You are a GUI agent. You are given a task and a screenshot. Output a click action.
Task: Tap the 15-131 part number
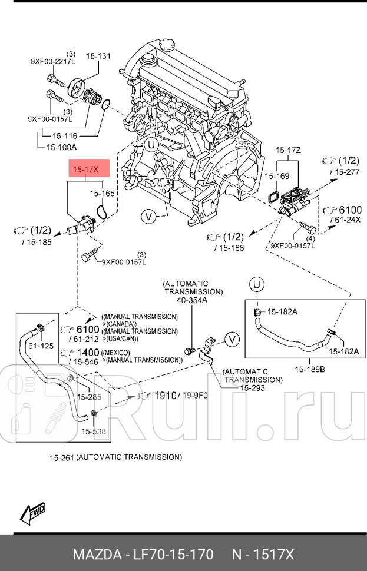(99, 57)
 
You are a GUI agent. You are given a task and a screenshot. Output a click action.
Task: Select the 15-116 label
(65, 135)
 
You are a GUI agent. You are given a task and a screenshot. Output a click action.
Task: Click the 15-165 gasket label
(101, 192)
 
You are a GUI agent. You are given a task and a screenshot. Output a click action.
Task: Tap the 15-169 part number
(276, 175)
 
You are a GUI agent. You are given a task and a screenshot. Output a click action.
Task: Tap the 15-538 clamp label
(93, 431)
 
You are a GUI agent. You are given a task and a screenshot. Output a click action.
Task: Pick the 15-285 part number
(90, 397)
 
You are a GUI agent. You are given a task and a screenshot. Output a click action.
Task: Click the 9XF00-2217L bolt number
(53, 61)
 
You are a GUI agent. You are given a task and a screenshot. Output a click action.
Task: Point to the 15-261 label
(61, 457)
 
